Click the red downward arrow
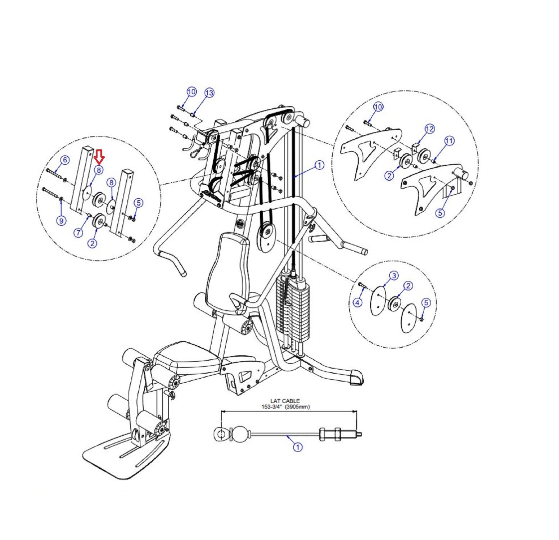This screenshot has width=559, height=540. pyautogui.click(x=99, y=156)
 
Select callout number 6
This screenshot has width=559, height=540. pyautogui.click(x=64, y=160)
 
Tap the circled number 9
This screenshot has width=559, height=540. pyautogui.click(x=61, y=220)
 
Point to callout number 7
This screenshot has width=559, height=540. pyautogui.click(x=78, y=233)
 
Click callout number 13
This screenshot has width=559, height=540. pyautogui.click(x=209, y=93)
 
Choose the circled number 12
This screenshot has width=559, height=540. pyautogui.click(x=429, y=129)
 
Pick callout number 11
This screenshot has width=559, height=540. pyautogui.click(x=449, y=141)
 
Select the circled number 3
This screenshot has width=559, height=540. pyautogui.click(x=394, y=276)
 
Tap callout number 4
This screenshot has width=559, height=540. pyautogui.click(x=357, y=303)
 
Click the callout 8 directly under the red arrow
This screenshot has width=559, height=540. pyautogui.click(x=99, y=170)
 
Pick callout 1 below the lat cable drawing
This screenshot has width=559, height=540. pyautogui.click(x=298, y=447)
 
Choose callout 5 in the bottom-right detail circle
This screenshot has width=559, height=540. pyautogui.click(x=426, y=303)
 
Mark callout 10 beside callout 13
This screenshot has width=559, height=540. pyautogui.click(x=191, y=92)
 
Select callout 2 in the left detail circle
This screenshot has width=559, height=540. pyautogui.click(x=93, y=243)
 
